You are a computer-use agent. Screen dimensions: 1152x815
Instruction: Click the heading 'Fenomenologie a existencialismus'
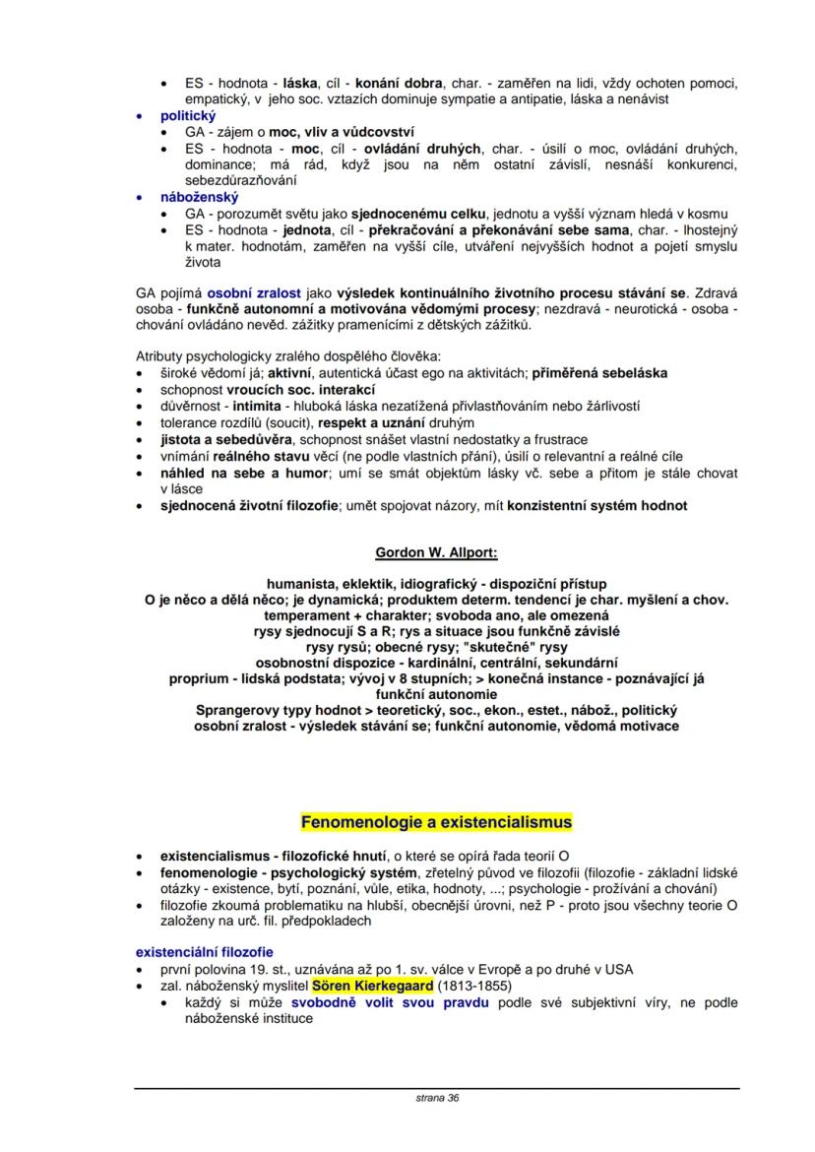tap(435, 820)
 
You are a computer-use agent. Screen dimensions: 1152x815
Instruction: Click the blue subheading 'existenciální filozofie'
tap(204, 951)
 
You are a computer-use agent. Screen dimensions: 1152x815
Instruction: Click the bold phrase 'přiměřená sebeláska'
tap(599, 373)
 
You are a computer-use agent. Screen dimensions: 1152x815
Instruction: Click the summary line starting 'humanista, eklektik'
tap(436, 583)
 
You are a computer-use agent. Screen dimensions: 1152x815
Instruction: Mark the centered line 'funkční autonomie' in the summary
tap(436, 693)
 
